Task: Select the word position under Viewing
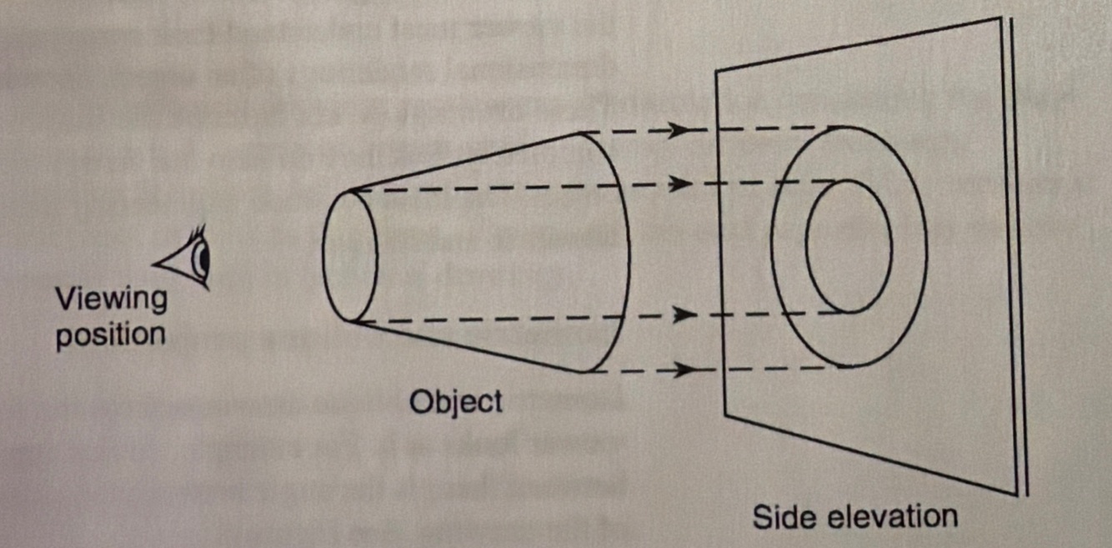pos(111,334)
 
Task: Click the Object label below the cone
pos(456,403)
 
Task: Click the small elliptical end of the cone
pos(350,256)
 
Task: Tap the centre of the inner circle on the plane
pos(849,247)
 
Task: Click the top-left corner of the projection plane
pos(717,70)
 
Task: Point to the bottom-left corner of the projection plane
pos(726,414)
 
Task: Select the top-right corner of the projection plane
pos(1000,18)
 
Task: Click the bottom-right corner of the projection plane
pos(1017,493)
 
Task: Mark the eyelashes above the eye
pos(198,232)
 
